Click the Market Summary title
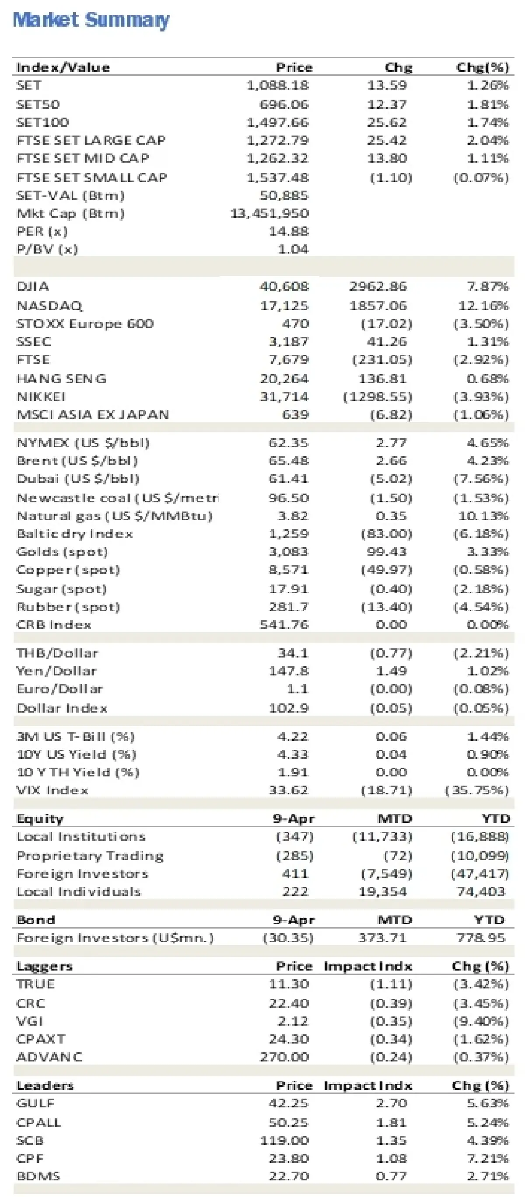[91, 20]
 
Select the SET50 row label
[38, 104]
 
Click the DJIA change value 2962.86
[378, 286]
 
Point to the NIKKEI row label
[41, 397]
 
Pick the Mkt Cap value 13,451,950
[269, 213]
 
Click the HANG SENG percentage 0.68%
[487, 379]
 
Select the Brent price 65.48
[288, 460]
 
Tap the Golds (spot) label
[62, 552]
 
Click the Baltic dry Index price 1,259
[288, 533]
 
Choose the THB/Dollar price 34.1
[293, 653]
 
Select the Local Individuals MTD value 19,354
[382, 891]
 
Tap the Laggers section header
[44, 966]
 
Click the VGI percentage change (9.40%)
[481, 1021]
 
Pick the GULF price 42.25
[288, 1103]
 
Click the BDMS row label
[38, 1176]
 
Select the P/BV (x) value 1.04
[293, 249]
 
